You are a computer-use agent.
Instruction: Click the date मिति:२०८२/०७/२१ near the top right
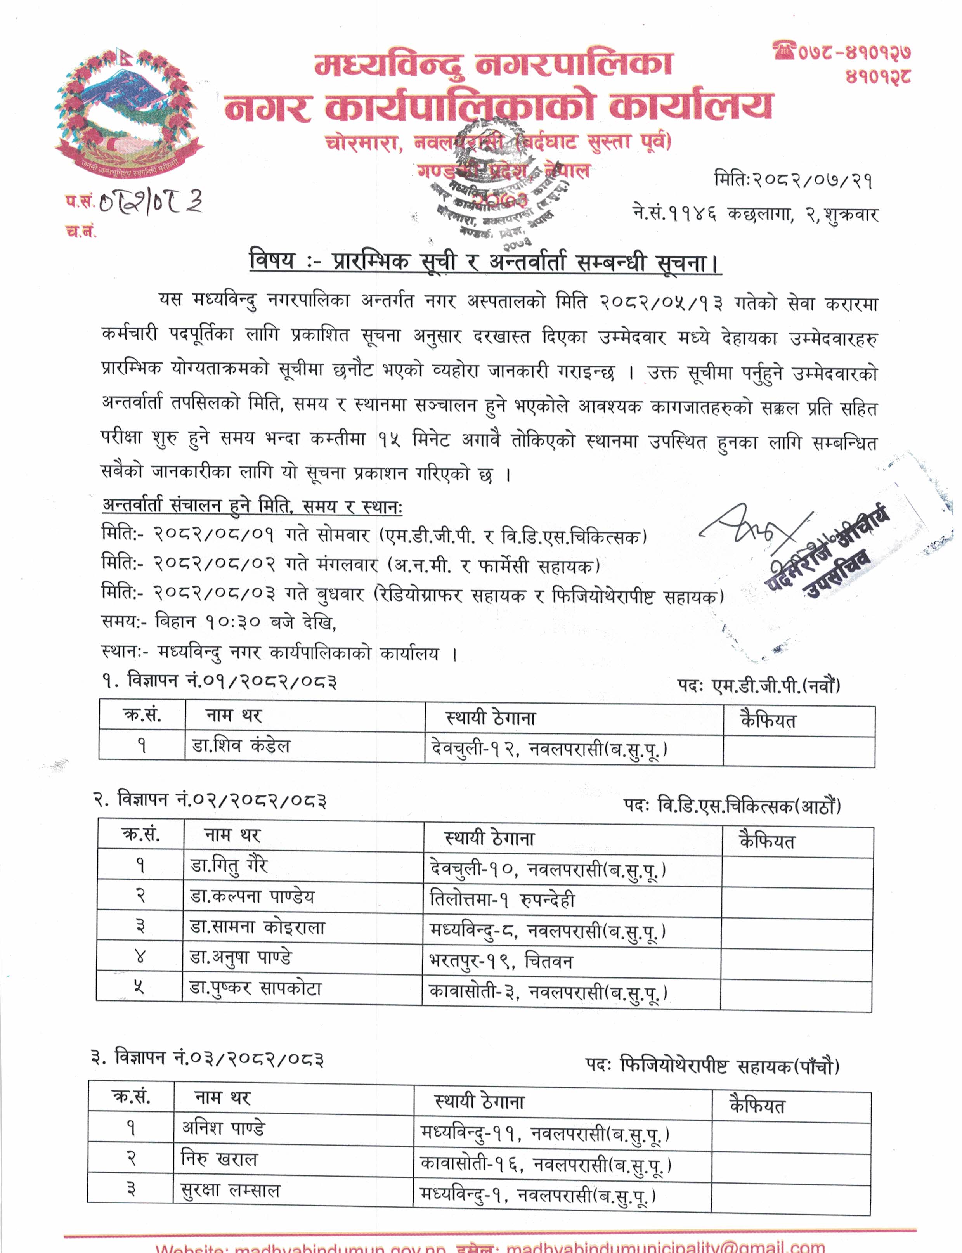point(793,180)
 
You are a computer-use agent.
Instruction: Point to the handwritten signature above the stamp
point(753,524)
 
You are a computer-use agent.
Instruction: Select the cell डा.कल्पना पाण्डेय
point(252,896)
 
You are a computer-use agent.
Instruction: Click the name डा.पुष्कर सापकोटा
point(255,988)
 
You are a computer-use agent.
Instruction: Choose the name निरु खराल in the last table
point(219,1159)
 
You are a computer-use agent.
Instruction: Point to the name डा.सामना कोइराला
point(257,927)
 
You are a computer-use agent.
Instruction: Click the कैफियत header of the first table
point(768,721)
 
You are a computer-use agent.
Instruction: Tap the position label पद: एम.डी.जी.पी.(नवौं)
point(758,686)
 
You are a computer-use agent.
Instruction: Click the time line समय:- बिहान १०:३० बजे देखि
point(218,622)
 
